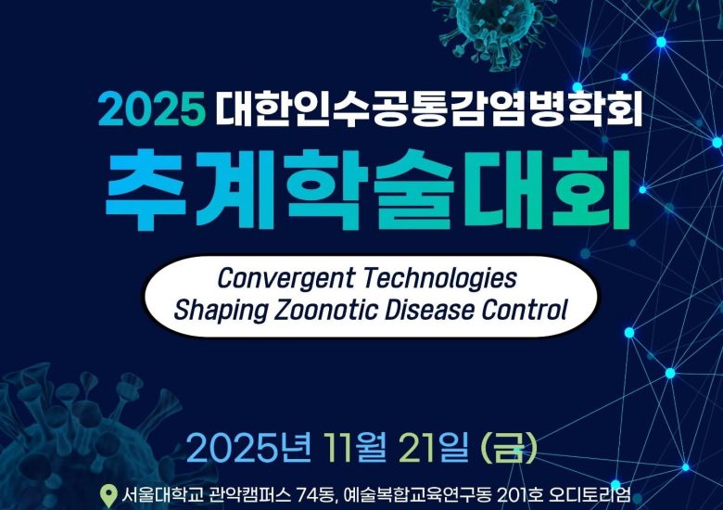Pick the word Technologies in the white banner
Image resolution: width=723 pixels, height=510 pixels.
coord(439,278)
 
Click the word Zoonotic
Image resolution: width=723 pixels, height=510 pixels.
coord(320,310)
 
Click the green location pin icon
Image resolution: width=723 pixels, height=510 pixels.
coord(108,494)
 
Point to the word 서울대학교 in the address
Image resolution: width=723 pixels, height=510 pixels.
coord(157,494)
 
